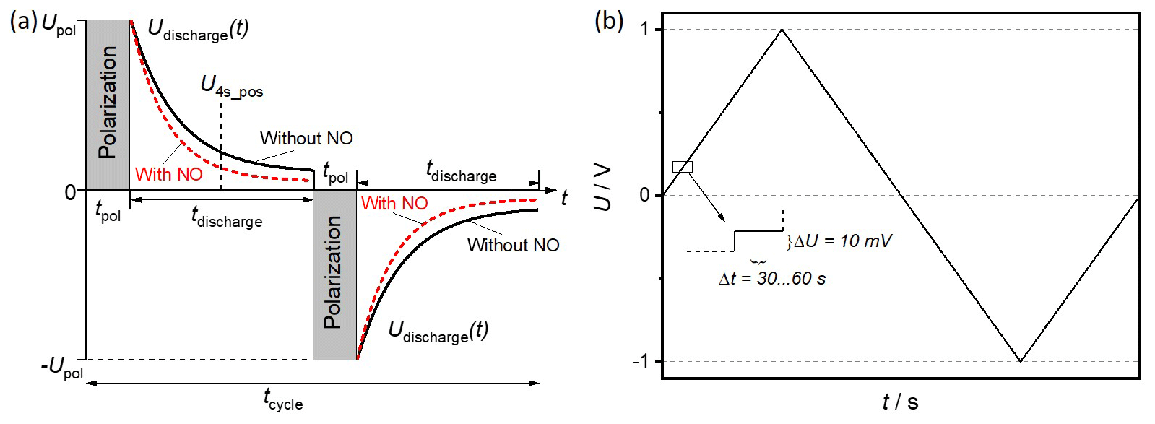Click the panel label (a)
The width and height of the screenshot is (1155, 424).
[x=22, y=22]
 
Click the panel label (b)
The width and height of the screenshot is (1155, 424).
[x=608, y=22]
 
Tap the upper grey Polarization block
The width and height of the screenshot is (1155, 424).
[x=108, y=104]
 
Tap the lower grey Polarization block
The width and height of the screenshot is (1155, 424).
[x=334, y=274]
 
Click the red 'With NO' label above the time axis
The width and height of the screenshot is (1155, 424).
[x=168, y=175]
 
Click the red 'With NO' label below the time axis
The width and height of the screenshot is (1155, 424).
[x=394, y=204]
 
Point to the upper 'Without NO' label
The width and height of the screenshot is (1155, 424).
[x=306, y=139]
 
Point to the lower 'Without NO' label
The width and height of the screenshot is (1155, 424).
[x=513, y=246]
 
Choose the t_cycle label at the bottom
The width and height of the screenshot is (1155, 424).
[x=282, y=399]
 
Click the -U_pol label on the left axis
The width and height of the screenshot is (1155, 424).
[x=62, y=368]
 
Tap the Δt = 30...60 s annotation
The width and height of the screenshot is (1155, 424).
[x=772, y=279]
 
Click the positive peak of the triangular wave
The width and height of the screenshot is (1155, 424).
[x=782, y=30]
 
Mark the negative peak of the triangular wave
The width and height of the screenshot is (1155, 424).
[x=1020, y=360]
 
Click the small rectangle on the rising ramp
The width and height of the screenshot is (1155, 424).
[x=682, y=167]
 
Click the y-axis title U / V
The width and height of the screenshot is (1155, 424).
[x=603, y=187]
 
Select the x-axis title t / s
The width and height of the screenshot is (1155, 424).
[x=900, y=402]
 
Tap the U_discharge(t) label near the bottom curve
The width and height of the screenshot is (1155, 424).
[x=438, y=332]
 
